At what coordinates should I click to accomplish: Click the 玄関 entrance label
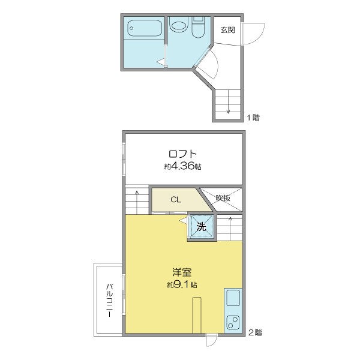click(227, 30)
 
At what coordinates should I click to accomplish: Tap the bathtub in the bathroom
click(145, 28)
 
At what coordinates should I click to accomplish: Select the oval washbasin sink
click(179, 26)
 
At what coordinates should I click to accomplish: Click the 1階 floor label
click(253, 118)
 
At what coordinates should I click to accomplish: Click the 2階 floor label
click(255, 332)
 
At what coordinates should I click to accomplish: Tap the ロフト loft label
click(183, 154)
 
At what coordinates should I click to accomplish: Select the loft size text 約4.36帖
click(183, 166)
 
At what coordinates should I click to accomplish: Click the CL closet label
click(176, 200)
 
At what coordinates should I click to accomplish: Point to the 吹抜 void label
click(223, 198)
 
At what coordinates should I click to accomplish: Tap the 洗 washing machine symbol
click(202, 227)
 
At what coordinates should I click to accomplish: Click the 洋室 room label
click(182, 272)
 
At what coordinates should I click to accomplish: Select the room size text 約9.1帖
click(182, 285)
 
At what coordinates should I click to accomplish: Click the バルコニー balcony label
click(110, 301)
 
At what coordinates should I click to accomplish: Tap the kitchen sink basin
click(233, 298)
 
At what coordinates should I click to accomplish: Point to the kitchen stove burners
click(233, 322)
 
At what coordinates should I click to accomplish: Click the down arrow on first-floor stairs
click(228, 101)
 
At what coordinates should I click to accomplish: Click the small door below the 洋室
click(211, 340)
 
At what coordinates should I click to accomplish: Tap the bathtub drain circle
click(131, 28)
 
